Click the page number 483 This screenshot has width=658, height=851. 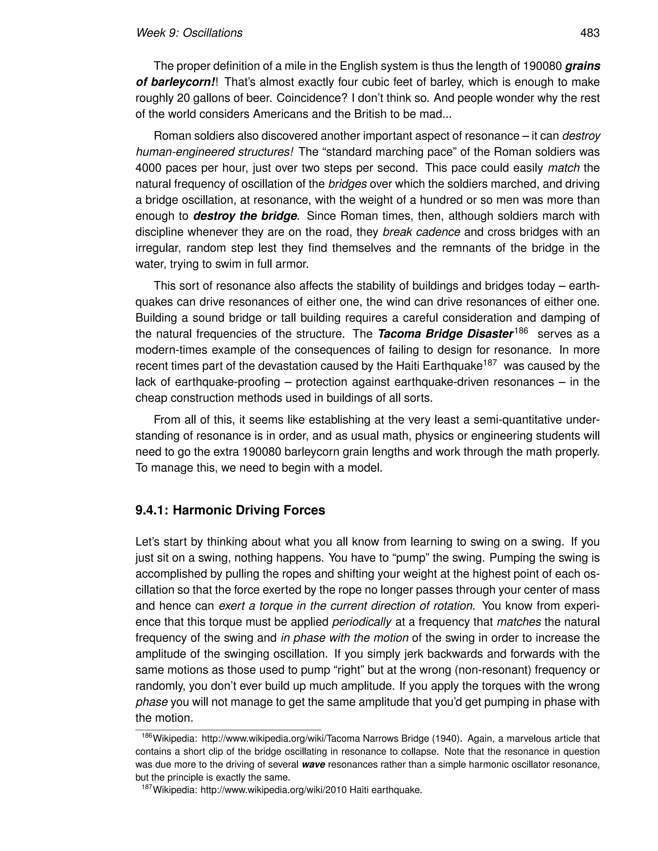tap(590, 33)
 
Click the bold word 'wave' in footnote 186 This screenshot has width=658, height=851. tap(313, 764)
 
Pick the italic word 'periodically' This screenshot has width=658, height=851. tap(361, 622)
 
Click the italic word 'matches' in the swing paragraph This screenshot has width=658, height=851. tap(519, 622)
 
